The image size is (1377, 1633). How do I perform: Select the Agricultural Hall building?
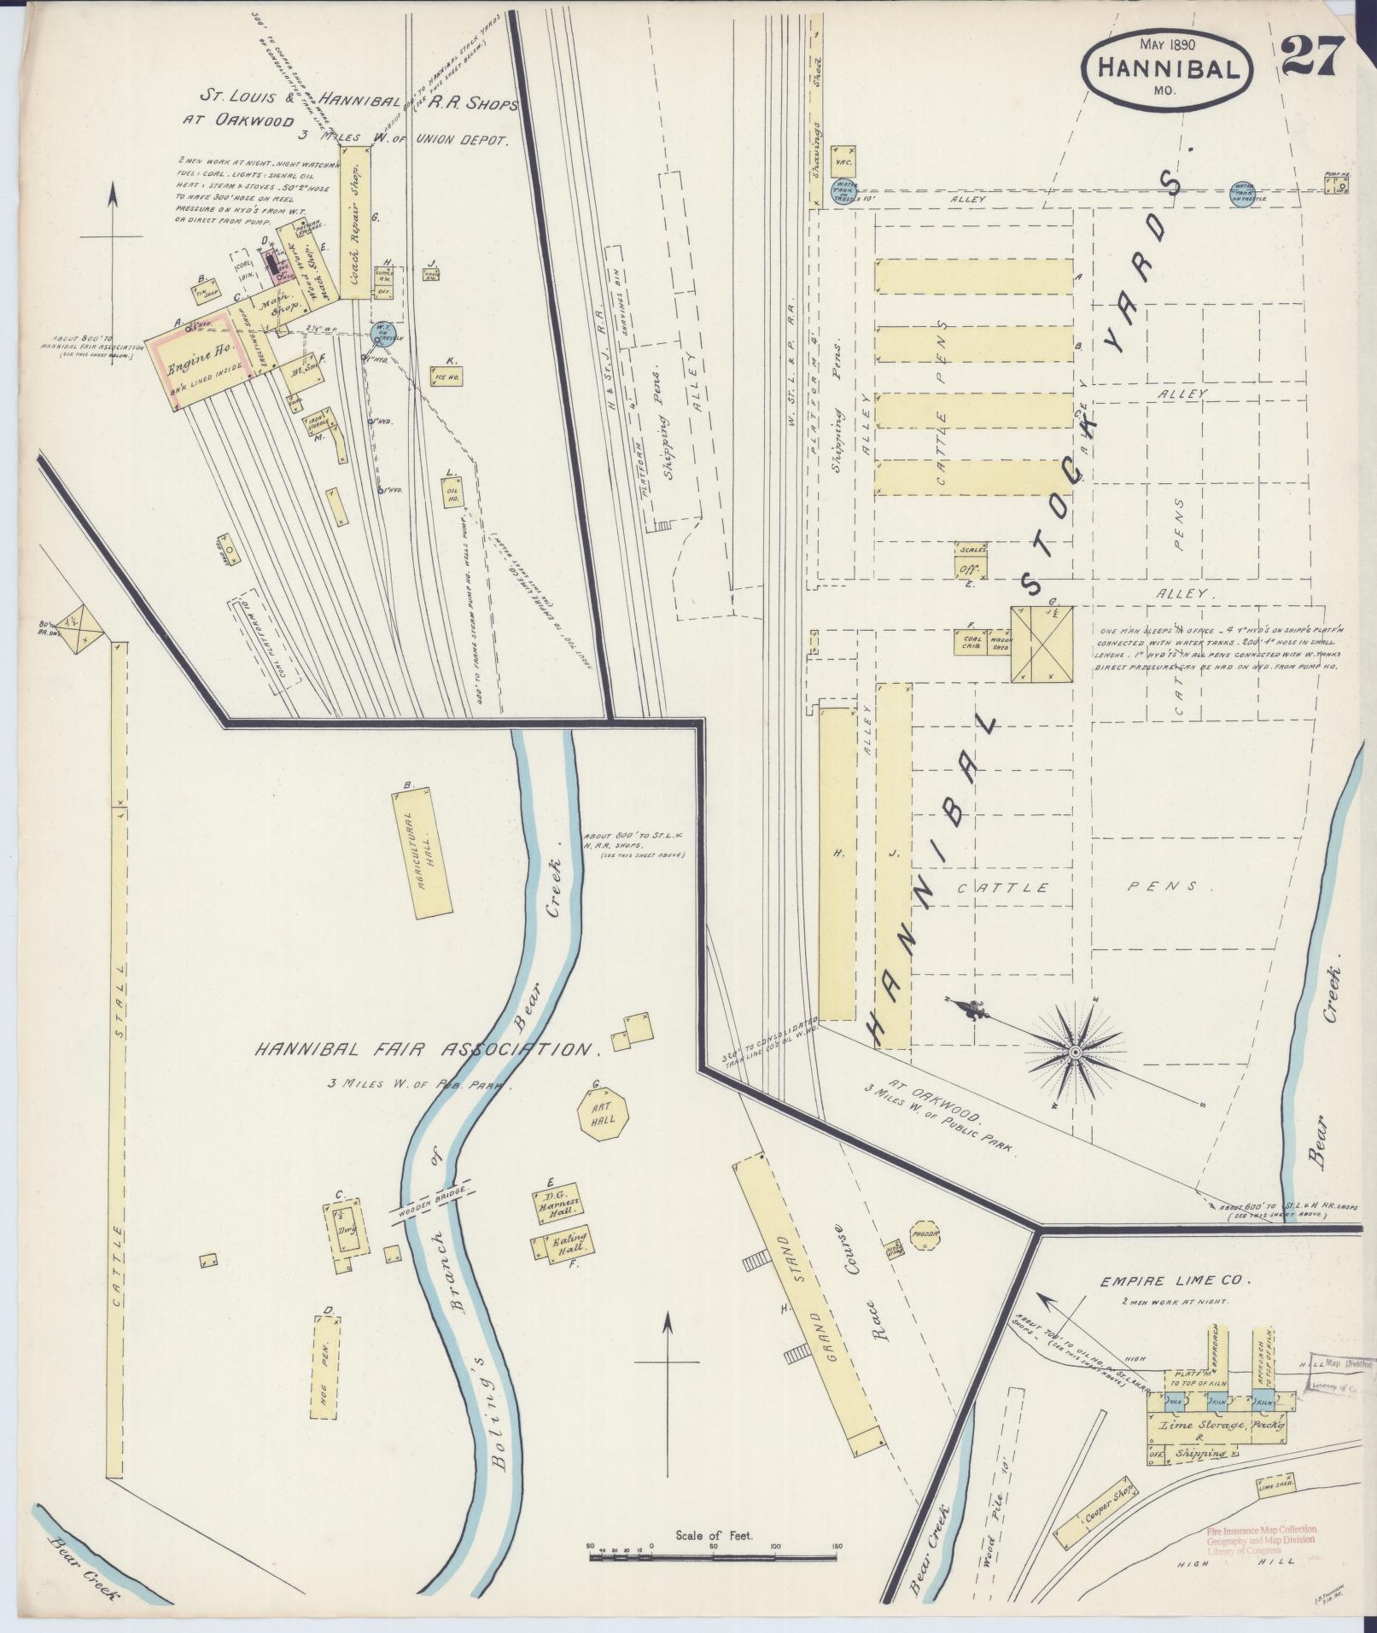click(423, 853)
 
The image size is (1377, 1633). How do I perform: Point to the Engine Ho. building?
click(201, 360)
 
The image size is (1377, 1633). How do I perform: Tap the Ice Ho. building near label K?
click(447, 375)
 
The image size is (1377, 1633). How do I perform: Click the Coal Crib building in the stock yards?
click(971, 642)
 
